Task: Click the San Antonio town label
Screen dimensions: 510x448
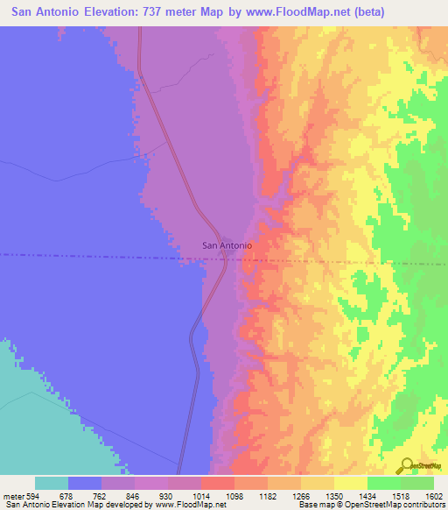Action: pyautogui.click(x=227, y=245)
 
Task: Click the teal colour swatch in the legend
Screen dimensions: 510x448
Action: pyautogui.click(x=52, y=483)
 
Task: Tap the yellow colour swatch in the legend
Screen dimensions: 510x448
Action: pyautogui.click(x=350, y=483)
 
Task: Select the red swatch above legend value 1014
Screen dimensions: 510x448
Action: pyautogui.click(x=217, y=483)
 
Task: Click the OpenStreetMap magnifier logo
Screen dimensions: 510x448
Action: pyautogui.click(x=404, y=465)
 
